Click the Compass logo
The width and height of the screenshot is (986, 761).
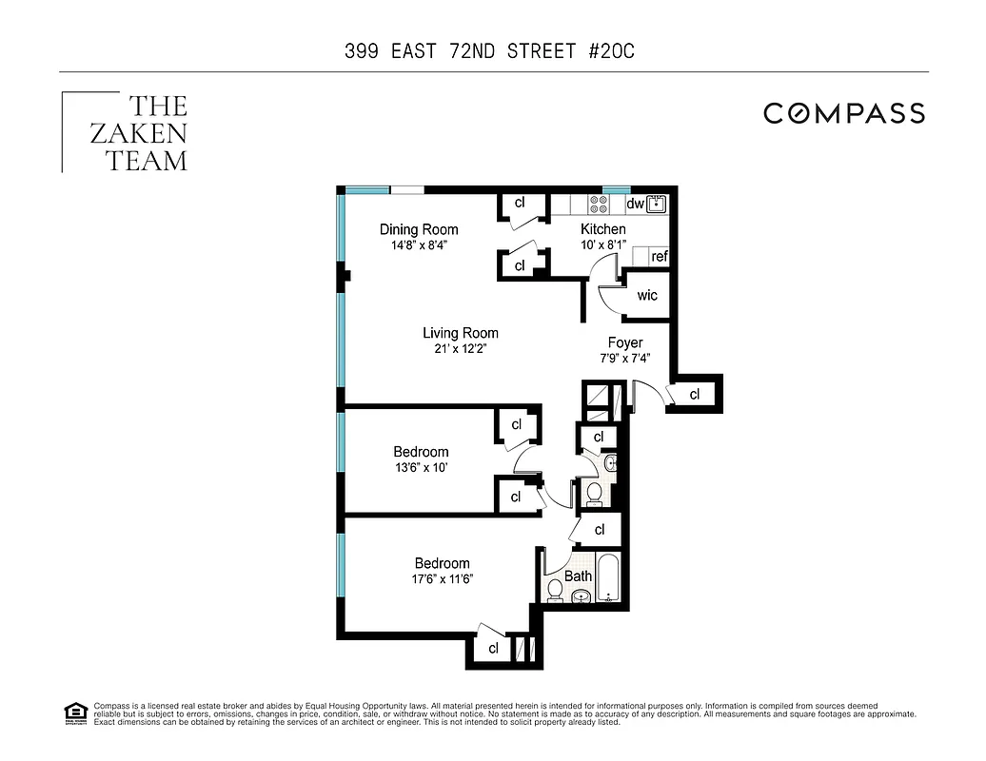coord(843,114)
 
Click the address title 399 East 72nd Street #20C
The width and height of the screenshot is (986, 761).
coord(489,51)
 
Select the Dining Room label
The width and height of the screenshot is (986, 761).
coord(419,229)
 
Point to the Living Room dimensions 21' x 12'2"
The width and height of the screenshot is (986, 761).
coord(461,348)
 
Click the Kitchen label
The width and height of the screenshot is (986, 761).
coord(603,229)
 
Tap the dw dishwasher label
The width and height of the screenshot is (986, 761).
coord(636,204)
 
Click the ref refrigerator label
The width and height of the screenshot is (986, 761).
coord(659,256)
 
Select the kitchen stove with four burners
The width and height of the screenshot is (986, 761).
coord(600,204)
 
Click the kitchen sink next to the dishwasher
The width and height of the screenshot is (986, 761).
coord(657,203)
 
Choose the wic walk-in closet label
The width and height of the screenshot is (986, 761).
coord(647,295)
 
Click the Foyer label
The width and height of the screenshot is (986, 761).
coord(625,342)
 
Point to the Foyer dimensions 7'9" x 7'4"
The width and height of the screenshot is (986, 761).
coord(625,359)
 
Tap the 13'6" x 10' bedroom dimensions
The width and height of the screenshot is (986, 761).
coord(421,467)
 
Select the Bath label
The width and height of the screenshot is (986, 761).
coord(578,576)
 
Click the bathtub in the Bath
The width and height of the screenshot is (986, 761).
coord(608,576)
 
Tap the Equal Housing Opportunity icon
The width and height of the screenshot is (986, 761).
coord(74,712)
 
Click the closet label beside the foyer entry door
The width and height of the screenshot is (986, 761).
coord(694,394)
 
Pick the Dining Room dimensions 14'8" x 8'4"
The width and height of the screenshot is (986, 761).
coord(419,244)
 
